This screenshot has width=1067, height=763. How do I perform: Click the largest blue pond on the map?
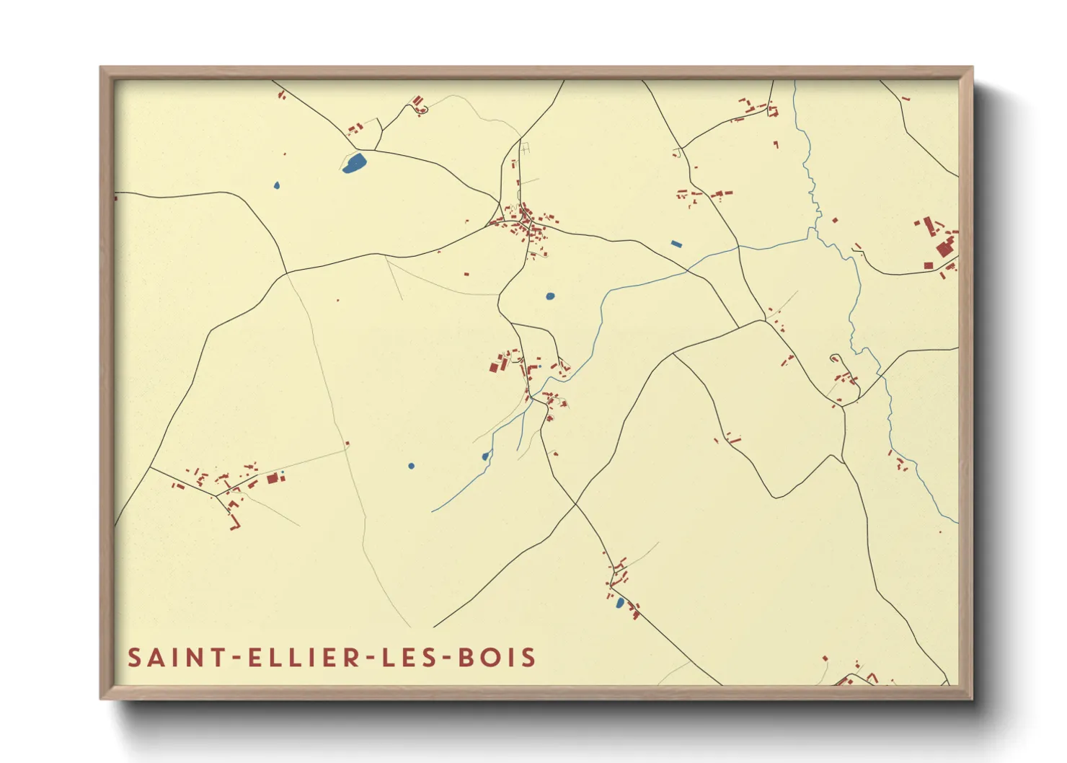[354, 164]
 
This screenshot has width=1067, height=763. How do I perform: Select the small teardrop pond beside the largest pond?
[277, 185]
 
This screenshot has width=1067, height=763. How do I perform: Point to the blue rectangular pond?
[676, 244]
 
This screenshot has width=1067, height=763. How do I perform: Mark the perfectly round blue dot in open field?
[412, 466]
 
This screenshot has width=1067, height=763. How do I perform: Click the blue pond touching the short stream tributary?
[485, 457]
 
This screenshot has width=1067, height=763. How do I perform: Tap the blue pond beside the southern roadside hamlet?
[620, 602]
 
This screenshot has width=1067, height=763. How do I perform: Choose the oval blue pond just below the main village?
[551, 296]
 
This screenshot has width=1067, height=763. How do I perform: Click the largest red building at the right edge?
[944, 250]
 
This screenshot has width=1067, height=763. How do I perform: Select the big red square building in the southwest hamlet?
[273, 478]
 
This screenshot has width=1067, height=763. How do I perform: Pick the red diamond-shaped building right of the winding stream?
[835, 220]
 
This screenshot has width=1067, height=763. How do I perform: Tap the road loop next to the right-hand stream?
[835, 358]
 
